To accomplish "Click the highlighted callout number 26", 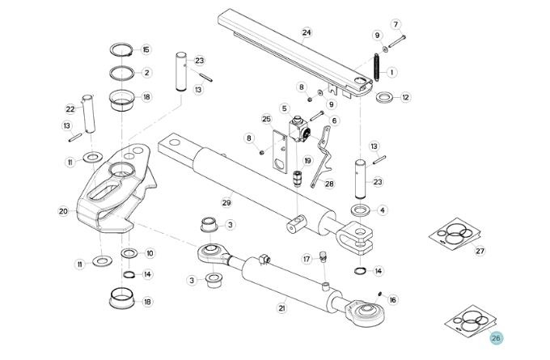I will point(496,338).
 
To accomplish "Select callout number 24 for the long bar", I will point(307,33).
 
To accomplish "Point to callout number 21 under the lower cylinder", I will point(282,307).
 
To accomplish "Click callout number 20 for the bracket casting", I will point(63,211).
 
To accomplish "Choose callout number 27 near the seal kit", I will point(480,252).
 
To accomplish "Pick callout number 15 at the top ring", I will point(146,50).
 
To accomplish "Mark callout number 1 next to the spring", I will point(392,72).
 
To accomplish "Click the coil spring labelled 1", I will point(376,66).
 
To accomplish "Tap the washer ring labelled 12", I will point(384,98).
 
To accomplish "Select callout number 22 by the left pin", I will point(70,109).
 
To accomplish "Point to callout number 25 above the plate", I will point(265,119).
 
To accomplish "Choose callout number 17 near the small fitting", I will point(307,259).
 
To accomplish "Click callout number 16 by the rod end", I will point(393,299).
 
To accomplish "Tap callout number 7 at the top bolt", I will point(396,23).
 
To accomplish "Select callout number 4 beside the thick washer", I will point(383,210).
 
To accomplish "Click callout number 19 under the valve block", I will point(308,161).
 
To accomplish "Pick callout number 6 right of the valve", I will point(334,121).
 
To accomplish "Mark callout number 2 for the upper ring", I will point(146,73).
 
